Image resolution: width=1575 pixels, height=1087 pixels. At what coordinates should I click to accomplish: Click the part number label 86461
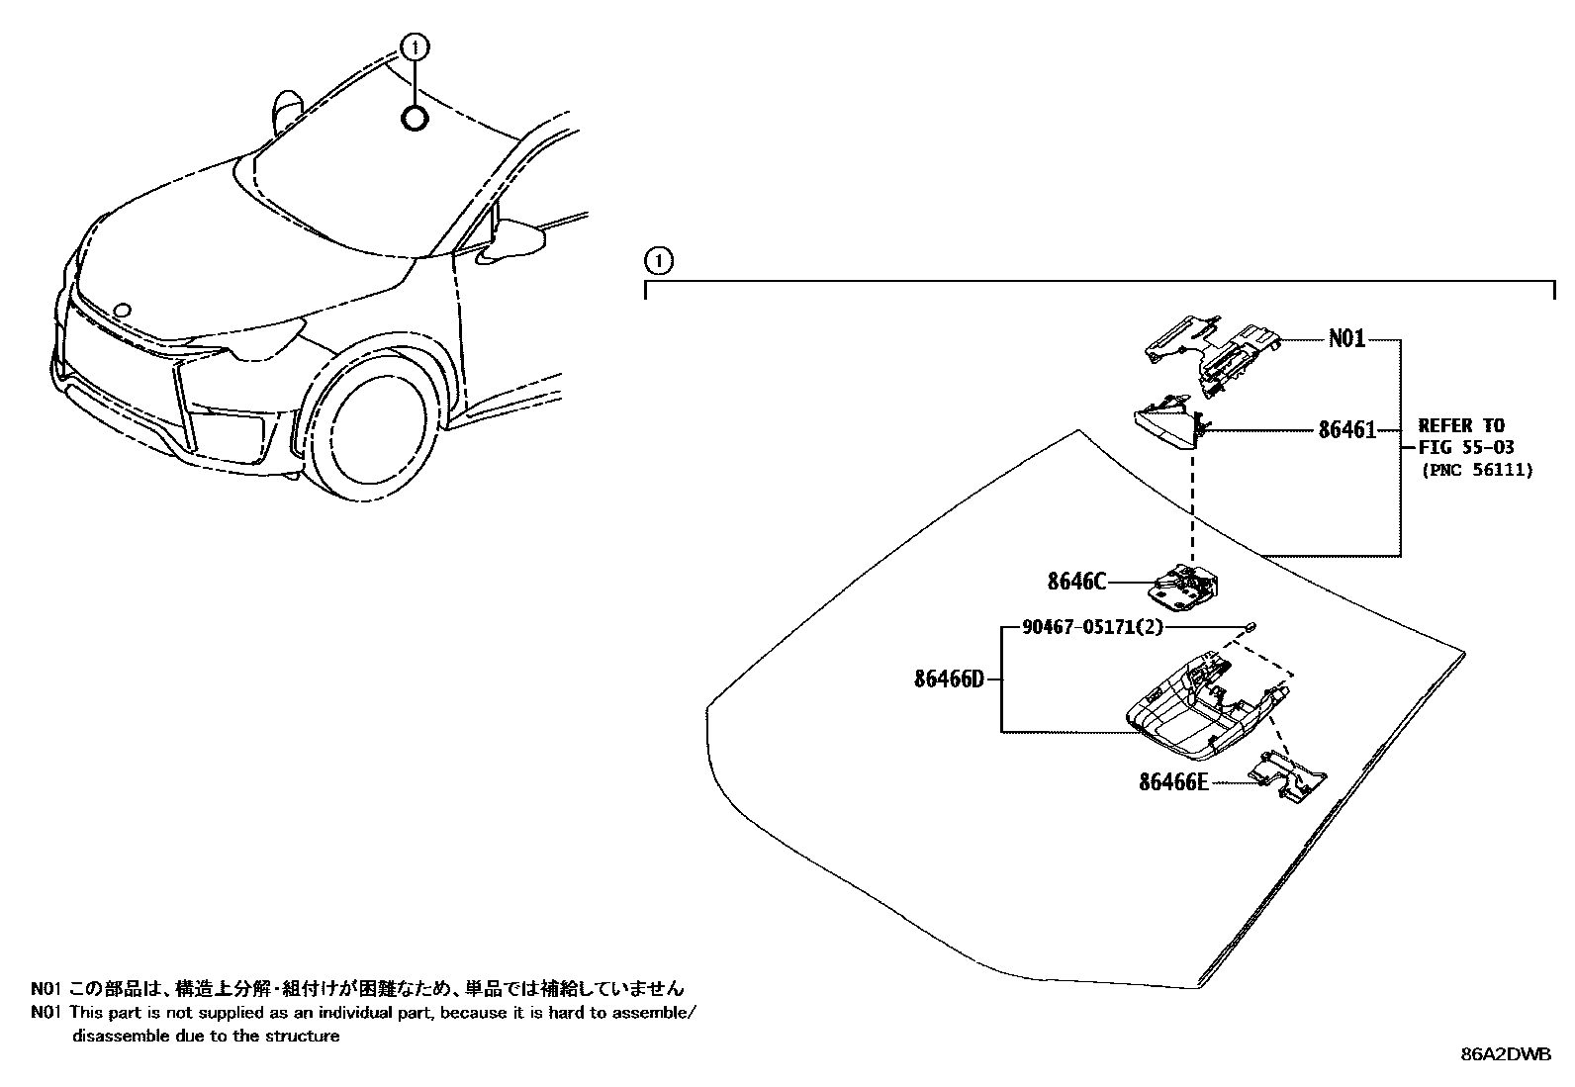click(x=1346, y=430)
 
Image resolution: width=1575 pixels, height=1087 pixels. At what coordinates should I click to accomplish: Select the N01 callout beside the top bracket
click(x=1346, y=339)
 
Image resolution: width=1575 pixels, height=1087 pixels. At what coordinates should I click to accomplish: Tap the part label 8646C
click(x=1076, y=581)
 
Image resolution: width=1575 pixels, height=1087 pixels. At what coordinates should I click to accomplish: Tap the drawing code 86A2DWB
click(x=1507, y=1054)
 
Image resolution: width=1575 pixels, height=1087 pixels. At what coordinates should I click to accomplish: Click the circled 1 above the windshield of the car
click(x=415, y=45)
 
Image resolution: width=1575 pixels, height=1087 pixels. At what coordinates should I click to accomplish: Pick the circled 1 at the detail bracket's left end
click(x=658, y=261)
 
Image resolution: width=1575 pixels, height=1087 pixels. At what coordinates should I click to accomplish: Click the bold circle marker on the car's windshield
click(x=415, y=119)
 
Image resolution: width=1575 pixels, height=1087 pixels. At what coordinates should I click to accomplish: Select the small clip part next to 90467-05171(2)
click(x=1251, y=625)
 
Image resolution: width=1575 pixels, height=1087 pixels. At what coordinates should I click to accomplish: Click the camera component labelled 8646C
click(x=1182, y=586)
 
